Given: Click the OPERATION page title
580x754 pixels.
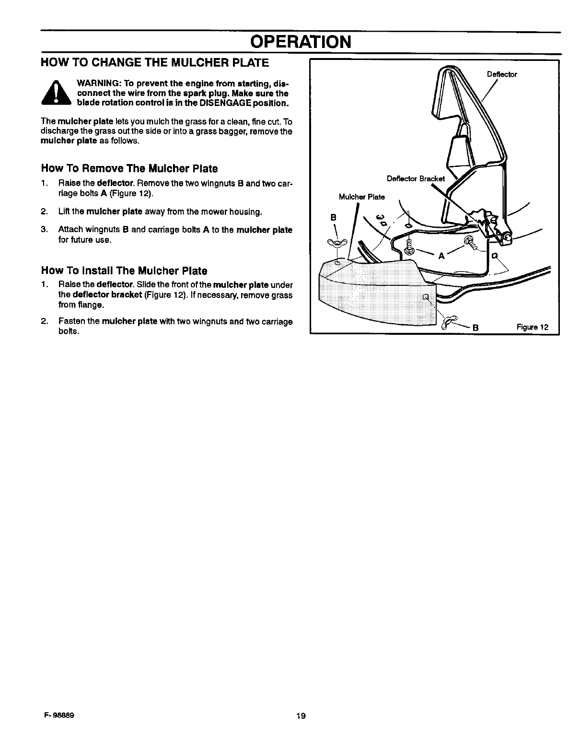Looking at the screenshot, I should [300, 42].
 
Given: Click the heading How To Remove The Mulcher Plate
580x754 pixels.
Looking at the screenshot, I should [129, 168].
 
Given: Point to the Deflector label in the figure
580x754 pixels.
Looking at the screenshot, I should [501, 74].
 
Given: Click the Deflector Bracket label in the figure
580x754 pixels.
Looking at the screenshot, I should [416, 178].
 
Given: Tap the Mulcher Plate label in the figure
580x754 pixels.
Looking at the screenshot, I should [361, 197].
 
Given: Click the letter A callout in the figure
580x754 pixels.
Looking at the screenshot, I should [441, 256].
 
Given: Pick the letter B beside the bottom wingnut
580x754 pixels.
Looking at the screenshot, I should [476, 328].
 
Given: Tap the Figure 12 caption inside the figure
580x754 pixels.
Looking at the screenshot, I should [532, 328].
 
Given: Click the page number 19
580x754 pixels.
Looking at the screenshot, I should [301, 716].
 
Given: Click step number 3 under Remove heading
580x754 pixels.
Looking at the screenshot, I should [44, 230].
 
